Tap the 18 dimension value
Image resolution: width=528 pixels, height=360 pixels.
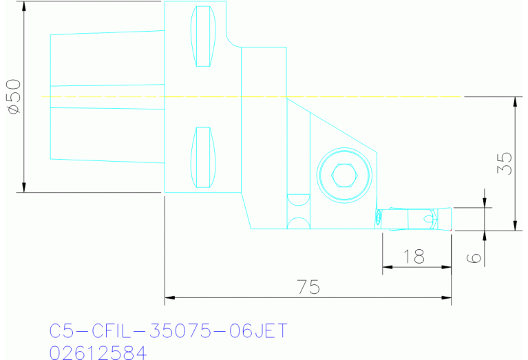pyautogui.click(x=414, y=257)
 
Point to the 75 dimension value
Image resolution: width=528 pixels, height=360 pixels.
pyautogui.click(x=308, y=287)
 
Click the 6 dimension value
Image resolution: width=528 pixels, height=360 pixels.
pyautogui.click(x=473, y=257)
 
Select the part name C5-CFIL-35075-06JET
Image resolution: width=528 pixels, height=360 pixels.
pyautogui.click(x=168, y=331)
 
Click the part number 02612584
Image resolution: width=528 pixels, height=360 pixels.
pyautogui.click(x=98, y=353)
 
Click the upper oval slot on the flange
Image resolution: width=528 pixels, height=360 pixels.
pyautogui.click(x=203, y=36)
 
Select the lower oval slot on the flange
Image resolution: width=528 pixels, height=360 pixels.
pyautogui.click(x=203, y=157)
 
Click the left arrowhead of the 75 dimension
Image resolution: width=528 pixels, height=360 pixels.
pyautogui.click(x=169, y=297)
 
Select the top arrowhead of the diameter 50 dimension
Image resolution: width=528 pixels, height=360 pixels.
pyautogui.click(x=24, y=6)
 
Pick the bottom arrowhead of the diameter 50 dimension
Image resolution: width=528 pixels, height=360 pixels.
pyautogui.click(x=24, y=188)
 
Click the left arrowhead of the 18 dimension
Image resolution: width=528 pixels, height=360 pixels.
pyautogui.click(x=386, y=267)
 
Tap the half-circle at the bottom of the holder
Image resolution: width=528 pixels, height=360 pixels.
pyautogui.click(x=297, y=224)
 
